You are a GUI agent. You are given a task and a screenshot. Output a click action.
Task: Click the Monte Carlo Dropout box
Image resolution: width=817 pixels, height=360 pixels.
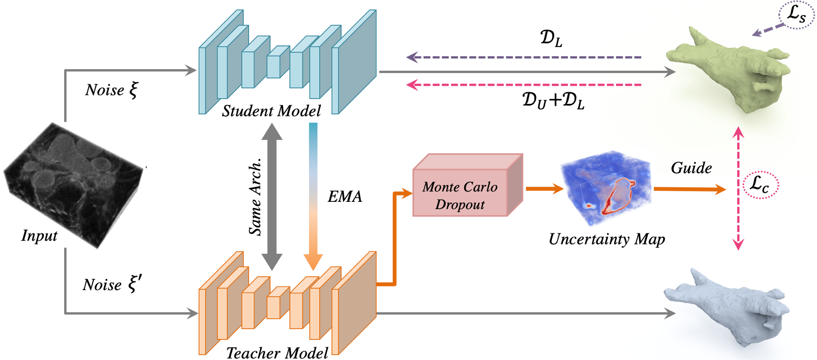(x=468, y=185)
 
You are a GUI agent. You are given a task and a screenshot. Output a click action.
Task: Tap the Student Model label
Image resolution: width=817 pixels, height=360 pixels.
(x=271, y=111)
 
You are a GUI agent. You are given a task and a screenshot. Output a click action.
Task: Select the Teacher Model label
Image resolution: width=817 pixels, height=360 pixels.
(x=277, y=353)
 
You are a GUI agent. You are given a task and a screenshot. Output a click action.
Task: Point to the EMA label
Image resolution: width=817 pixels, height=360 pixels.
(x=345, y=197)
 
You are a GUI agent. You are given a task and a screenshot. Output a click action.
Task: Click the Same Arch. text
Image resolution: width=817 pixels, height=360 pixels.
(x=255, y=197)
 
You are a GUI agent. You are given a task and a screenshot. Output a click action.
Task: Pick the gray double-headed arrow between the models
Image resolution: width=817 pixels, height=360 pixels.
(x=272, y=197)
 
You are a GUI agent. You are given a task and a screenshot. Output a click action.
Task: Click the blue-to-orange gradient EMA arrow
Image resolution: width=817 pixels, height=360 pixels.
(x=313, y=197)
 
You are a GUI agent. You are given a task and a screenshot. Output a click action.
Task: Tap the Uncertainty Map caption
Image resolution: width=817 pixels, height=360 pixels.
(x=607, y=239)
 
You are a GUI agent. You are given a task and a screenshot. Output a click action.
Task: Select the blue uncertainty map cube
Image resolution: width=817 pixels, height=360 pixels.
(x=606, y=188)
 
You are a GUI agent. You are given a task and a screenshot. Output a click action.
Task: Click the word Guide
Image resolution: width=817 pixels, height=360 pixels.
(x=692, y=168)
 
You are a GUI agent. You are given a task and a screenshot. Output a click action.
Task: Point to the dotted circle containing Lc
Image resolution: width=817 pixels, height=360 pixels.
(x=761, y=185)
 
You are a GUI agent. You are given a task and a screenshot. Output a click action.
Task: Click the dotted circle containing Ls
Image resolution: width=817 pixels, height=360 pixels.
(x=797, y=15)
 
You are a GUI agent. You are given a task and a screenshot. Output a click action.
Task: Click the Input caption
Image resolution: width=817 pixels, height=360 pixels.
(x=39, y=236)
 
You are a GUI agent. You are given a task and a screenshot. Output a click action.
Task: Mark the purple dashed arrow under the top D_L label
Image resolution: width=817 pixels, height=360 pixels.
(x=524, y=57)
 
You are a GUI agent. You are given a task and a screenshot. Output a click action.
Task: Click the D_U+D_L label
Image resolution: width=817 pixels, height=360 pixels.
(x=553, y=101)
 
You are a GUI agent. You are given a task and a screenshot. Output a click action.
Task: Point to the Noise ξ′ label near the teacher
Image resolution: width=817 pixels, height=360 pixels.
(x=112, y=284)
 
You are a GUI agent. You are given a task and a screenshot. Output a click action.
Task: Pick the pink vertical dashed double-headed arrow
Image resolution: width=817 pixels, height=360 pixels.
(x=738, y=188)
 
